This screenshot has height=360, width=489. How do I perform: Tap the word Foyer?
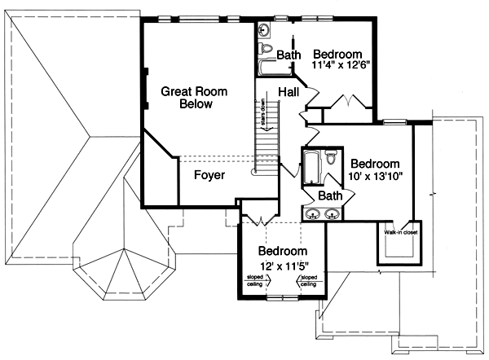209,174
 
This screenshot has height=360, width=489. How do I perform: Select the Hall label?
288,91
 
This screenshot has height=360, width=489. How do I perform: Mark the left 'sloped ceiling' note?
254,281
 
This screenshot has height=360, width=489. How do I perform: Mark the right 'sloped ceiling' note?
308,281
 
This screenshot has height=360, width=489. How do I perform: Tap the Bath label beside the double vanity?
330,196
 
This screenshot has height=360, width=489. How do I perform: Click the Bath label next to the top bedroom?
289,55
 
